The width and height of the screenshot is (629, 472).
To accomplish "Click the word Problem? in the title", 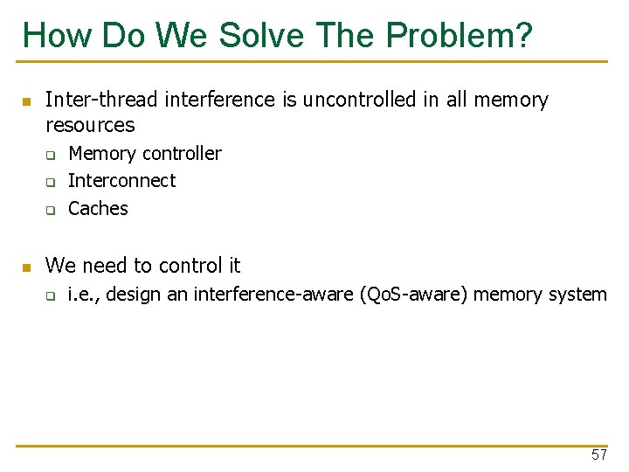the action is [459, 35].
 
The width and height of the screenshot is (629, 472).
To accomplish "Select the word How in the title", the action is [58, 35].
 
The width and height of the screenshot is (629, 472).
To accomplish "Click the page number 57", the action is [598, 455].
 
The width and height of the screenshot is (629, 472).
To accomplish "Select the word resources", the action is [90, 125].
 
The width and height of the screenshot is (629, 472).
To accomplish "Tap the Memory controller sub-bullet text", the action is [145, 154].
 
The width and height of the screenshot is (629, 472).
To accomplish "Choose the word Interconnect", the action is [122, 181].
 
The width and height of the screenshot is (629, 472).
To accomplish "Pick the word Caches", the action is [98, 208].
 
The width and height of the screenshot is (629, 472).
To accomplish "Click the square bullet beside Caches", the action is [51, 210].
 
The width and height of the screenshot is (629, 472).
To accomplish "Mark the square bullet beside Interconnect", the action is [51, 183].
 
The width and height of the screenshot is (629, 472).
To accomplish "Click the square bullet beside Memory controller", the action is [51, 156].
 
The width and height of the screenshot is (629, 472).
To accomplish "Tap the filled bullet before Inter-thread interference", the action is [26, 101].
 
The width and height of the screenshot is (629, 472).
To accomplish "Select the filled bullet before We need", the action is [26, 267].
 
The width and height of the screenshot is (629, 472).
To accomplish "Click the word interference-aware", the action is [273, 295].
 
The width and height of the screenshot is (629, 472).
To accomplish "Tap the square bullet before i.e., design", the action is [51, 296].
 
